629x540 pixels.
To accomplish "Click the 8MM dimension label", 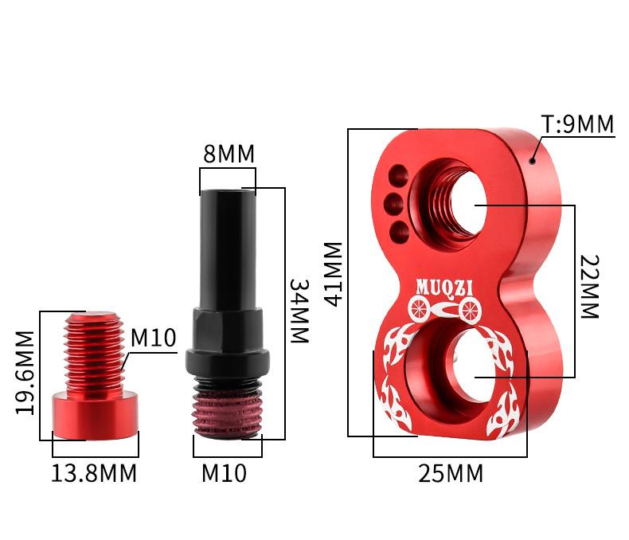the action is (x=229, y=154).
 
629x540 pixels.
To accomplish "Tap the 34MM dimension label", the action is (x=299, y=311).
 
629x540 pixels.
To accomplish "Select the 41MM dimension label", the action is (x=333, y=274).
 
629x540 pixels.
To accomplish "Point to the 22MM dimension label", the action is (x=590, y=287).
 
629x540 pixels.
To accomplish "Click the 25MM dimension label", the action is (x=451, y=473).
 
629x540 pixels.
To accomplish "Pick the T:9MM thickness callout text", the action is (x=578, y=124).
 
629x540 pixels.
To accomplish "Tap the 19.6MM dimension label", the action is (x=25, y=373).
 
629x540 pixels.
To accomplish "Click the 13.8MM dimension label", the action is (x=94, y=473).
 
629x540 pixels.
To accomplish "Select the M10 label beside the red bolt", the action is (x=153, y=338).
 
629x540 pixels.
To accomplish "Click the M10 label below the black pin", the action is (x=224, y=473).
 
